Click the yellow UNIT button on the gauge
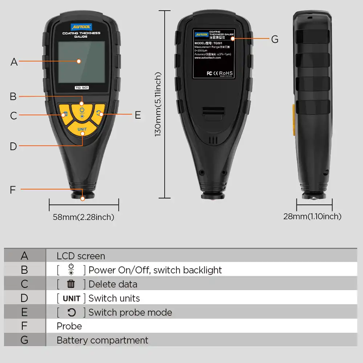coord(82,129)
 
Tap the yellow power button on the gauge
coord(82,110)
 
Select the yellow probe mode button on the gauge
coord(100,113)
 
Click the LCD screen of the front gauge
coord(81,61)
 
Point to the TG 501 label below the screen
coord(82,87)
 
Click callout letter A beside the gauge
coord(14,62)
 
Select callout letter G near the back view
coord(275,39)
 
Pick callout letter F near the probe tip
coord(13,190)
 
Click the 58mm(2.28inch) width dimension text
coord(83,217)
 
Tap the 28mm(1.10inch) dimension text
coord(312,216)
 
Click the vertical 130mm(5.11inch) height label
coord(158,104)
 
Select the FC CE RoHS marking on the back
coord(220,73)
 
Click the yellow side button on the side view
coord(294,120)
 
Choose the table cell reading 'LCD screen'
coord(81,256)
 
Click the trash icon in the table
coord(71,284)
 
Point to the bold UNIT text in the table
coord(72,298)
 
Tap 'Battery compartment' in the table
coord(102,340)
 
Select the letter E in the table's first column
coord(24,312)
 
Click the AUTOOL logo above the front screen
coord(82,27)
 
